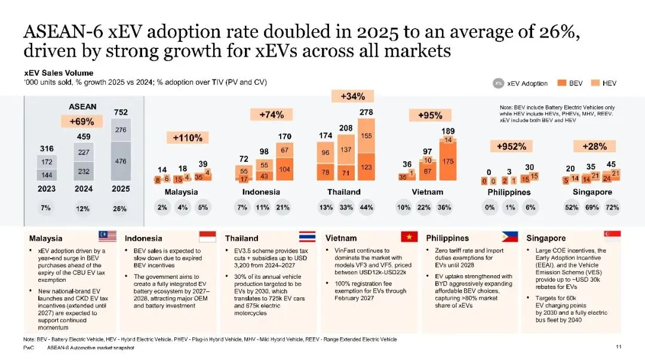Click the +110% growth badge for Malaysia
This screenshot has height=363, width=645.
188,138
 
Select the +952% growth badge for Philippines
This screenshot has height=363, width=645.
511,146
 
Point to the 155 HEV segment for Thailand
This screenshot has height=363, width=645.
366,136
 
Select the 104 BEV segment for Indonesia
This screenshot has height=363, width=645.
285,169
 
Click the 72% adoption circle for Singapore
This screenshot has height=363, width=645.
612,208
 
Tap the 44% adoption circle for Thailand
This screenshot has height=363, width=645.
366,208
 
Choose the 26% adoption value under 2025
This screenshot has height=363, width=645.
120,208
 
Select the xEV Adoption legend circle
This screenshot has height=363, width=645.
497,84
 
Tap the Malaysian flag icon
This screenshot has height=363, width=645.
107,236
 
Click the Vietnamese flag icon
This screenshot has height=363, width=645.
409,236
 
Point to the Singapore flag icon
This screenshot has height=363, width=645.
612,235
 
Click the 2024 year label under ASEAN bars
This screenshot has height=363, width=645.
83,189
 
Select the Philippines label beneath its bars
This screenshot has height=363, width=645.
509,192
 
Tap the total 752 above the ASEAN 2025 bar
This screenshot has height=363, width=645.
121,112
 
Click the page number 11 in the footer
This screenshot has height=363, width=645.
618,347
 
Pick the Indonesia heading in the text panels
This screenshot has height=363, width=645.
144,238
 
